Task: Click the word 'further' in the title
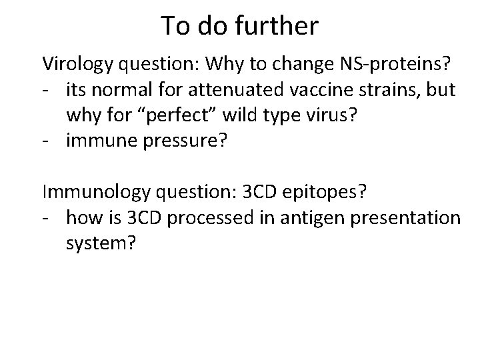coord(280,26)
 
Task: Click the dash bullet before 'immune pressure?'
coord(47,140)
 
